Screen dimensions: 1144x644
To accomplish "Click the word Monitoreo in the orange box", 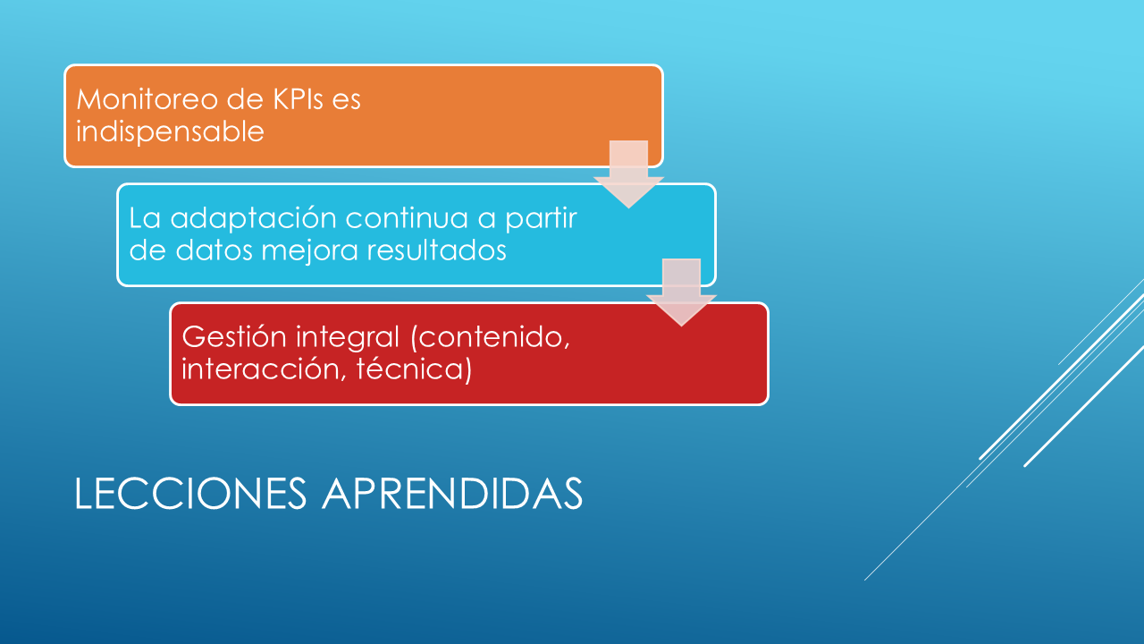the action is [x=147, y=99].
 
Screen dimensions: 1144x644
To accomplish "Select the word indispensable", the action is [x=170, y=131].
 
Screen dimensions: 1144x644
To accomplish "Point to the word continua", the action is [x=407, y=218].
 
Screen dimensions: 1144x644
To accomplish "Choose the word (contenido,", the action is [x=491, y=338].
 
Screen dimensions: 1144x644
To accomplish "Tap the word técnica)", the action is [x=414, y=369].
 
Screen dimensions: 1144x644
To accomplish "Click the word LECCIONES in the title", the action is [x=190, y=493].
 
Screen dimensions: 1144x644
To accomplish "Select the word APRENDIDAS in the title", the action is [x=452, y=493].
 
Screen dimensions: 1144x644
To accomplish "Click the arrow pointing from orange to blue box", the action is [x=628, y=174].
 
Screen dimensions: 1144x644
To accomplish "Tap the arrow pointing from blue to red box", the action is [x=681, y=292].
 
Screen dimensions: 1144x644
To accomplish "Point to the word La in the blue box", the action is [x=145, y=218].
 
